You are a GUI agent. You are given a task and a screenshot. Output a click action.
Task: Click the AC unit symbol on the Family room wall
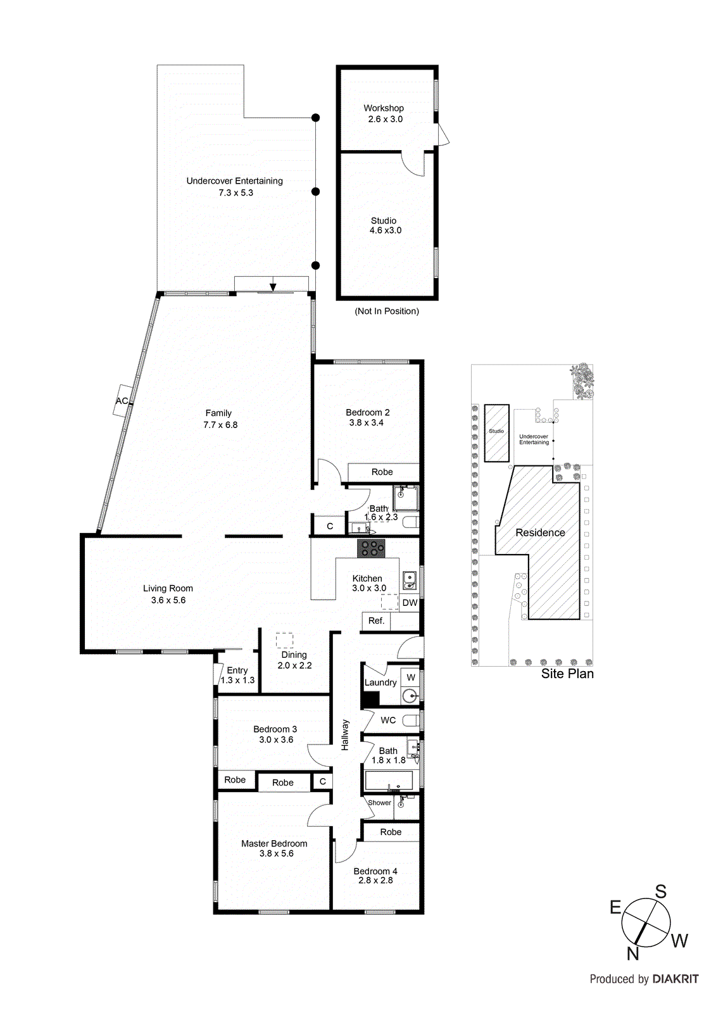point(122,400)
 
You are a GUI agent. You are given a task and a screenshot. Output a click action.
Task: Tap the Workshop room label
point(384,108)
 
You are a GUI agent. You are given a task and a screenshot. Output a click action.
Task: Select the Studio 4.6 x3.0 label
point(385,225)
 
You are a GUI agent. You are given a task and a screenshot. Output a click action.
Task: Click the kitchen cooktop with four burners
point(371,548)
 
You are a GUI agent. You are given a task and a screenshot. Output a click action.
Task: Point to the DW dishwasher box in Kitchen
point(410,603)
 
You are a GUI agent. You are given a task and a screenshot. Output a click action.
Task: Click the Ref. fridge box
point(376,621)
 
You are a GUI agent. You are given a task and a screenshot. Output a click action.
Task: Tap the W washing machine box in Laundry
point(411,677)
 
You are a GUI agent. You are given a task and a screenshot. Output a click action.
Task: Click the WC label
point(388,720)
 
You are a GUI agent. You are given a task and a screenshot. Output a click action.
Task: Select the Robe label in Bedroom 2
point(382,472)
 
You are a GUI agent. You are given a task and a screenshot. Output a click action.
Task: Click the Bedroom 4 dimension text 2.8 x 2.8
point(375,880)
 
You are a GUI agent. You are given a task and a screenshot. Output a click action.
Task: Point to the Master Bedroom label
point(274,843)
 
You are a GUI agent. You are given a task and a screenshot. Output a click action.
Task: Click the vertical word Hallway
point(345,734)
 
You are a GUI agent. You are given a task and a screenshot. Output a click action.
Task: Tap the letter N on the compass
point(632,953)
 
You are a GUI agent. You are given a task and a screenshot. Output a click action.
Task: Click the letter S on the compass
point(660,892)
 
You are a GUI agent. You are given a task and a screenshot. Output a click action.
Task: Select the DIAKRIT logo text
point(675,979)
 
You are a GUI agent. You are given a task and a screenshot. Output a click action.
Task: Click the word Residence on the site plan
point(540,533)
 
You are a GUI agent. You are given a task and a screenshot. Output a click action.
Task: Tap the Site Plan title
point(567,674)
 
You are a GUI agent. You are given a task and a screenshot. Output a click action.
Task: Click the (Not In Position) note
point(387,311)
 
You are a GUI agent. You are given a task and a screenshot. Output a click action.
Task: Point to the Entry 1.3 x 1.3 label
point(237,675)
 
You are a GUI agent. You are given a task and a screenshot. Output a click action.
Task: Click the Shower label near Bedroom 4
point(379,803)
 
